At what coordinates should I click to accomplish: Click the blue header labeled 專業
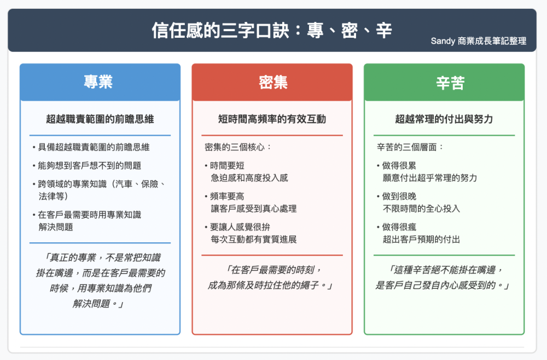click(x=100, y=82)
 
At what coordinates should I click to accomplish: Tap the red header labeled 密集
click(x=272, y=82)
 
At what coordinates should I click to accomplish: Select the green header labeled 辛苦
click(x=444, y=82)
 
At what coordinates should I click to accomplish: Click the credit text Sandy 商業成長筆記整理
click(x=478, y=41)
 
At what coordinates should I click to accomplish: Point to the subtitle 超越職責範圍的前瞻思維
click(x=100, y=119)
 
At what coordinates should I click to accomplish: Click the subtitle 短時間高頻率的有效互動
click(x=272, y=119)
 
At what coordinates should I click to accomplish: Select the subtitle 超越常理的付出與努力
click(x=444, y=119)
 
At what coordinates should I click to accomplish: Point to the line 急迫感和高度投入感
click(x=249, y=178)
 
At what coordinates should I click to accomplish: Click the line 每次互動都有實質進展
click(x=254, y=239)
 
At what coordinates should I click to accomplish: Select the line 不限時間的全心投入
click(x=421, y=208)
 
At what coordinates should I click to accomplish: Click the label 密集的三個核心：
click(x=238, y=147)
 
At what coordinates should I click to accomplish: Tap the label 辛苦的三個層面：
click(x=410, y=147)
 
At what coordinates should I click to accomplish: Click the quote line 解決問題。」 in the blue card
click(x=98, y=304)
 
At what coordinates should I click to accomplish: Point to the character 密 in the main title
click(x=350, y=30)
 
